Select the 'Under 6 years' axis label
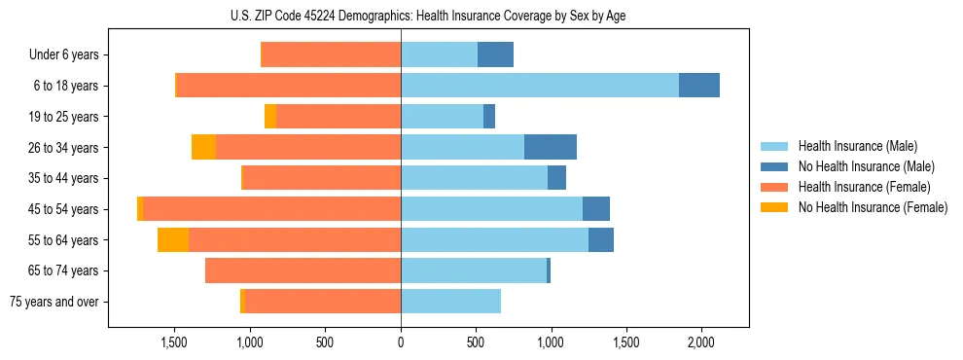63,55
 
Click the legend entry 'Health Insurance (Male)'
857,147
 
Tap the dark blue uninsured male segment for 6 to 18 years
699,86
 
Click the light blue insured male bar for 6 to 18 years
540,86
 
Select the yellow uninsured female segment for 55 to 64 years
173,240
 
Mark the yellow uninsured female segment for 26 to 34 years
203,147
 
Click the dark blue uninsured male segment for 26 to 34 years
551,147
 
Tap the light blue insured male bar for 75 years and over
450,302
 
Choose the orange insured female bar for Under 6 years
331,55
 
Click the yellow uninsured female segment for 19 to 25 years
270,117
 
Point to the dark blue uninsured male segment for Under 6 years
495,55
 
